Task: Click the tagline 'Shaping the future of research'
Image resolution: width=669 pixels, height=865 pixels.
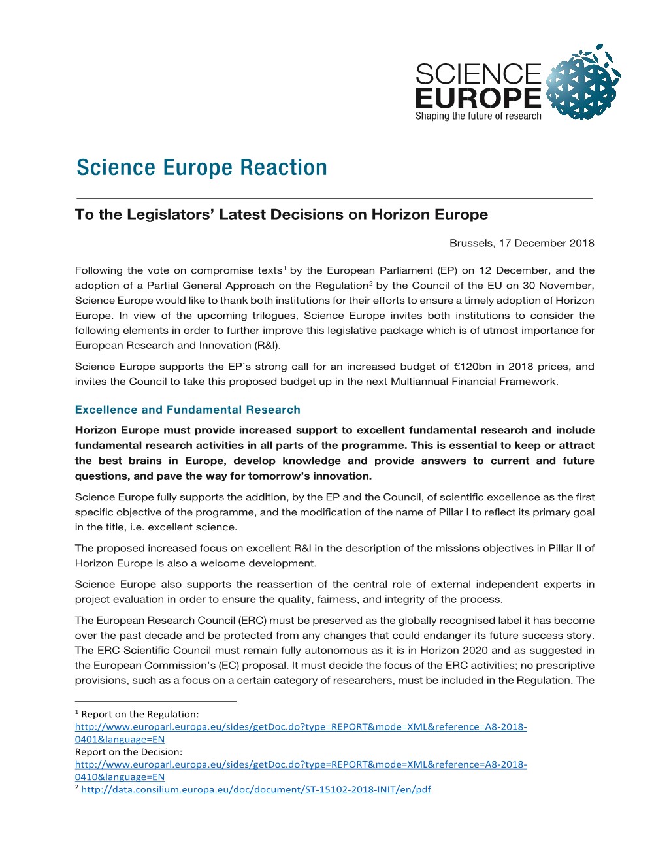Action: [478, 116]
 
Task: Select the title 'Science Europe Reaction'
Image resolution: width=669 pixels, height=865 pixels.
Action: [201, 168]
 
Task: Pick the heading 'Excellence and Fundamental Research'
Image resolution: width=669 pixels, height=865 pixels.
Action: [188, 410]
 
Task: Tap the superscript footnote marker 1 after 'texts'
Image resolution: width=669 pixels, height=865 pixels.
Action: [284, 268]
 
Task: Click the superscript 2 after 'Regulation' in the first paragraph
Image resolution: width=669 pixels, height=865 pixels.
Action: [370, 283]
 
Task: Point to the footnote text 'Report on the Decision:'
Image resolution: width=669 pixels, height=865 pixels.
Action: [129, 752]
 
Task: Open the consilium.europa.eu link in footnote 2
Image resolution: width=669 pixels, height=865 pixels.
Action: [256, 789]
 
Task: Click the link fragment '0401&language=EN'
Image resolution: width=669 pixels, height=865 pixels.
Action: [120, 740]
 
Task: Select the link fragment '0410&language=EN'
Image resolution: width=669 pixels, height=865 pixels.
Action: [120, 777]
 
